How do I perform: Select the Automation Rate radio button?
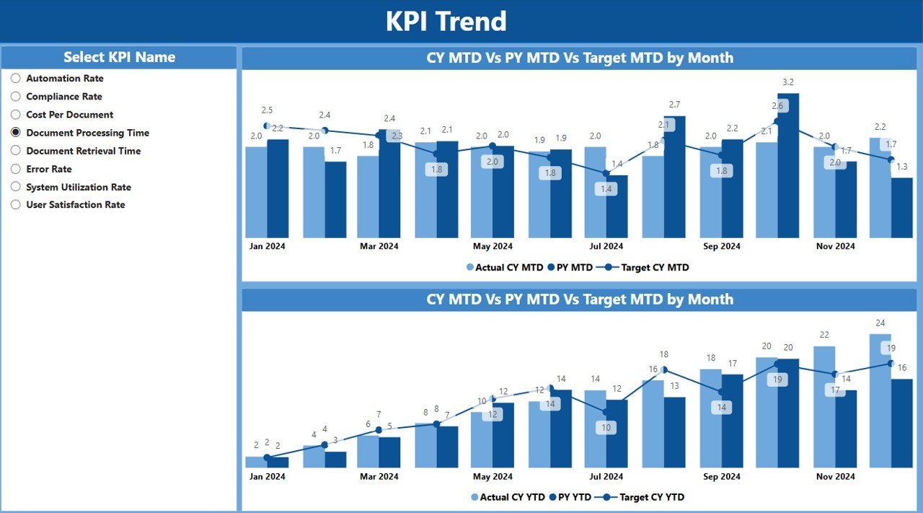pyautogui.click(x=16, y=79)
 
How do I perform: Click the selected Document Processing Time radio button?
pyautogui.click(x=16, y=133)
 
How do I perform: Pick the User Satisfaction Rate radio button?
pyautogui.click(x=16, y=205)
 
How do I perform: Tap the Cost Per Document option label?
pyautogui.click(x=69, y=115)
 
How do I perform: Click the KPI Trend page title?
pyautogui.click(x=446, y=22)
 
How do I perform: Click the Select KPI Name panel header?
pyautogui.click(x=119, y=58)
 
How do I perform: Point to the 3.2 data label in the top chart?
pyautogui.click(x=787, y=82)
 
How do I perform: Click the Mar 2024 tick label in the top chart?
pyautogui.click(x=379, y=246)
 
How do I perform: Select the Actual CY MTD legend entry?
pyautogui.click(x=505, y=268)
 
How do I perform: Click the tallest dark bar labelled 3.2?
pyautogui.click(x=788, y=166)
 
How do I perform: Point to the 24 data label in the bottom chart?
pyautogui.click(x=880, y=323)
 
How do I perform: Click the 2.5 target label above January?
pyautogui.click(x=267, y=110)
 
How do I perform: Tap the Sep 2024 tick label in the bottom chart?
pyautogui.click(x=721, y=476)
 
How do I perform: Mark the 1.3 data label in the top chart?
pyautogui.click(x=901, y=167)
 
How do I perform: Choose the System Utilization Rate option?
pyautogui.click(x=78, y=187)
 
